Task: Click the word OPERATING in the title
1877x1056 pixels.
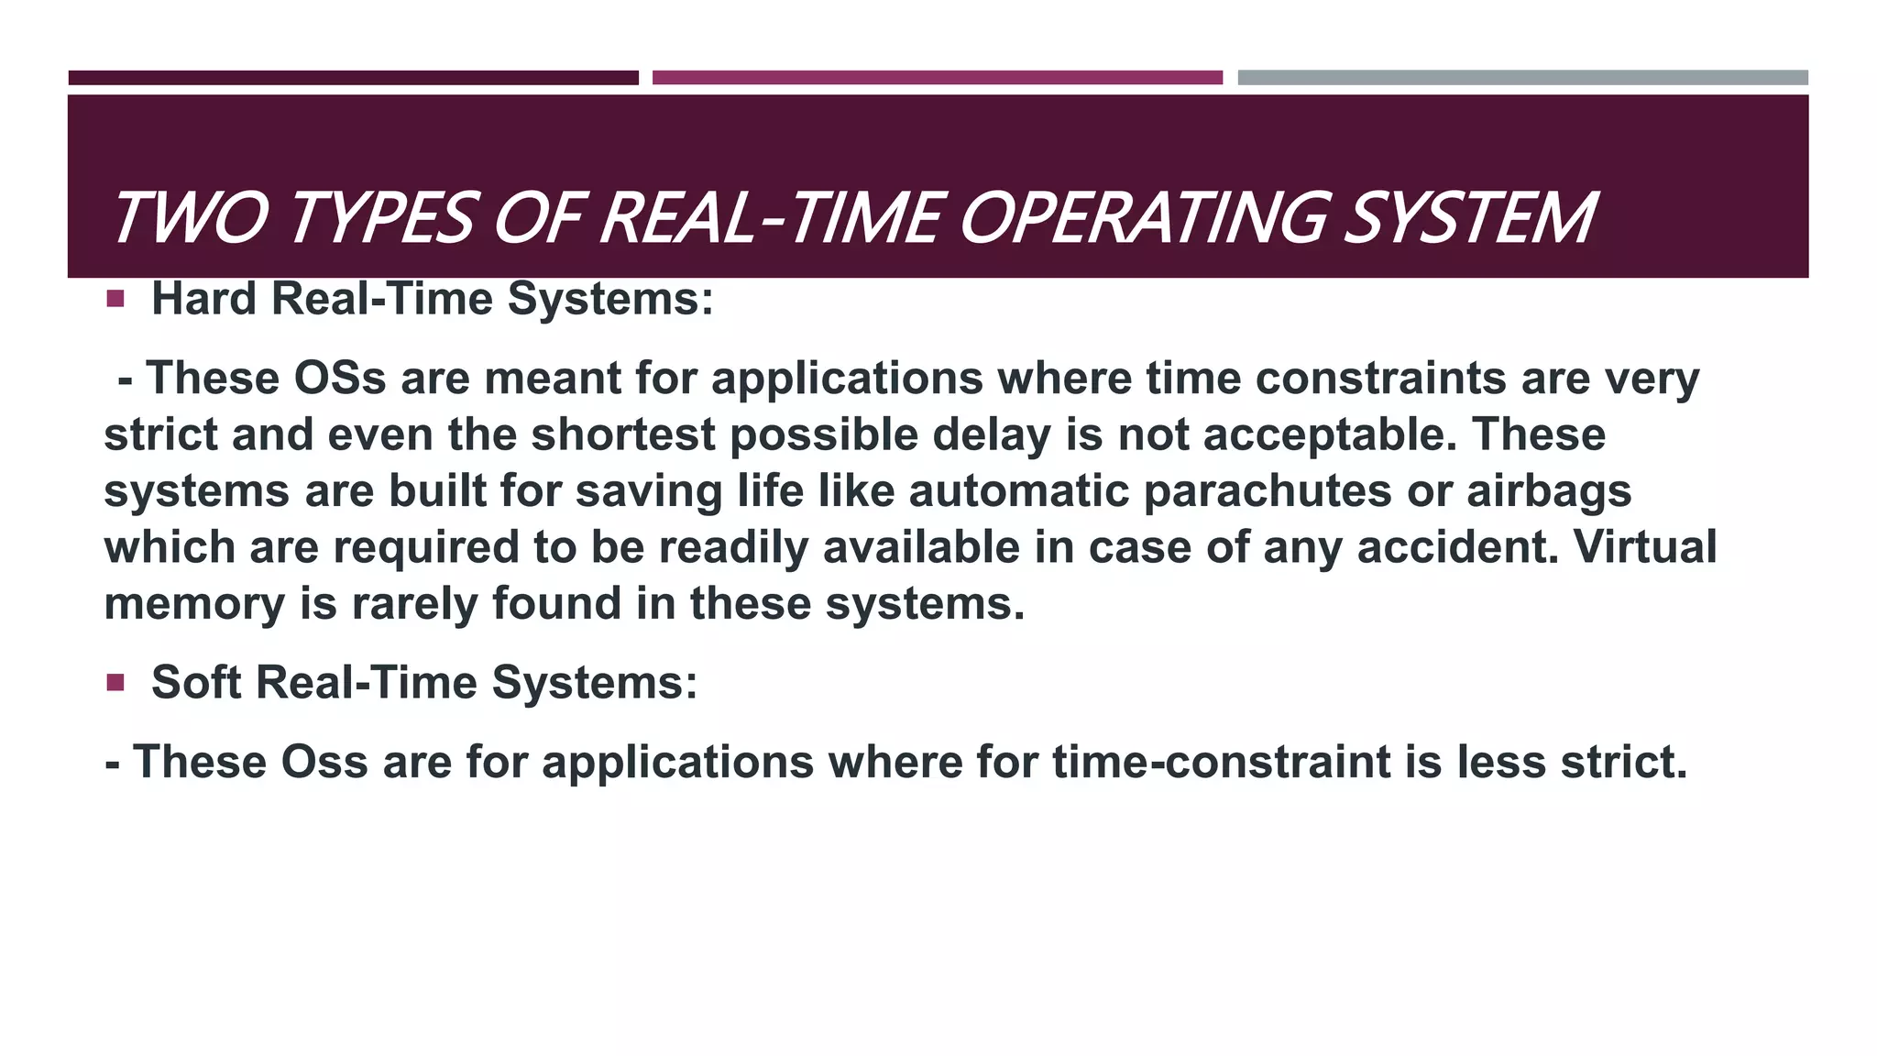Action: click(1141, 219)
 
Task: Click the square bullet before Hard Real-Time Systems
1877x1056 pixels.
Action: click(115, 299)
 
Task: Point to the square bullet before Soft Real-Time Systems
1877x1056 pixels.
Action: click(115, 682)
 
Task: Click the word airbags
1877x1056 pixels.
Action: click(1549, 490)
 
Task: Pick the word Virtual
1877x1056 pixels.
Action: click(1645, 547)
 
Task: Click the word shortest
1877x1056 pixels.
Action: click(622, 434)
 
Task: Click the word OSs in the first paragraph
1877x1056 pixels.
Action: click(340, 378)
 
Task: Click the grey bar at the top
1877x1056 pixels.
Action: click(1522, 78)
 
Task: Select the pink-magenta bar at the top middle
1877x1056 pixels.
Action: click(937, 78)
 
